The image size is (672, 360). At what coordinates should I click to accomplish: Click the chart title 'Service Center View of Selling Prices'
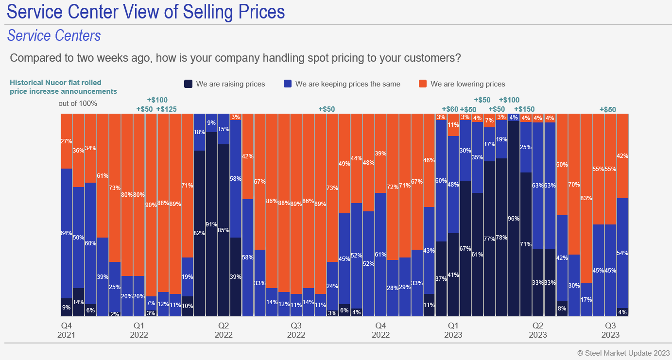tap(146, 12)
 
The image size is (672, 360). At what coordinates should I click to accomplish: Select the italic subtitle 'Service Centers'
tap(54, 35)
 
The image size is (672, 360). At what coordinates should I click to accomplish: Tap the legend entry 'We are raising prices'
tap(230, 84)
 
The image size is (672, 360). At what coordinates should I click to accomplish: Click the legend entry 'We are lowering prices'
tap(467, 84)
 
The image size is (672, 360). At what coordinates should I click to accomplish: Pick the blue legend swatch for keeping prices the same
tap(287, 84)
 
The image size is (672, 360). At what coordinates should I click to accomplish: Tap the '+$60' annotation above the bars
tap(450, 109)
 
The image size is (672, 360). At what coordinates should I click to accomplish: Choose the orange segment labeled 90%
tap(151, 205)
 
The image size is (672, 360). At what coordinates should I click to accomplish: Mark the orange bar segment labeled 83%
tap(586, 198)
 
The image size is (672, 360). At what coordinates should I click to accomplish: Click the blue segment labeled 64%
tap(67, 233)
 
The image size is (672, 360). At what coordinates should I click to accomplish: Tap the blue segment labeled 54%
tap(622, 253)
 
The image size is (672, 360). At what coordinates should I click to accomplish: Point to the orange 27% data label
tap(67, 141)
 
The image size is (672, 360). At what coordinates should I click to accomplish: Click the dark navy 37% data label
tap(441, 279)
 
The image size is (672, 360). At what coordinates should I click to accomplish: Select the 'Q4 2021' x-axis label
tap(66, 330)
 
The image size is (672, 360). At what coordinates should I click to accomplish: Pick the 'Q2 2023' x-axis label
tap(537, 330)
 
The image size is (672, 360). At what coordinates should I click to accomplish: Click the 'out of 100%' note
tap(78, 103)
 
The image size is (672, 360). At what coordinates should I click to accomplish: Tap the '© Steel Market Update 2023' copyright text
tap(623, 353)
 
